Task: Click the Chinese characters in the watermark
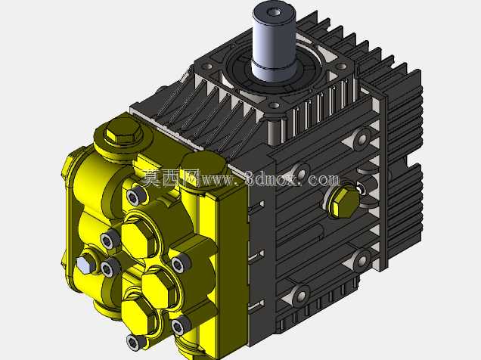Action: click(x=171, y=178)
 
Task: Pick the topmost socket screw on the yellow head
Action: click(x=135, y=196)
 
